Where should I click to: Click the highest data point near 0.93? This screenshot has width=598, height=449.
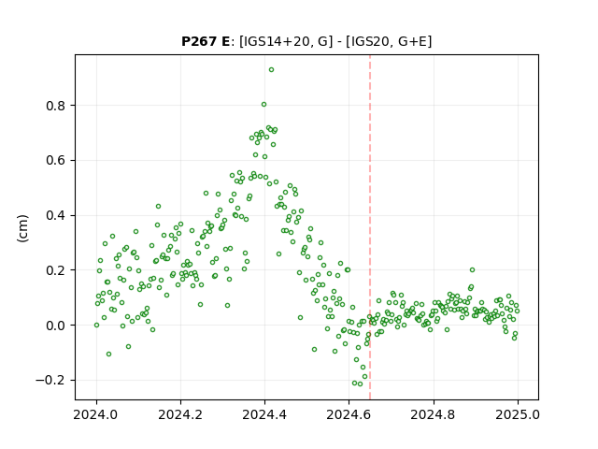coord(271,70)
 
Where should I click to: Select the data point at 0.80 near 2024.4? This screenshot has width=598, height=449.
coord(263,104)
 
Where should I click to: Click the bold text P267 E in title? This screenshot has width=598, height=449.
coord(206,41)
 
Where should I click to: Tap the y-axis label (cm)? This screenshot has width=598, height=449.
coord(22,228)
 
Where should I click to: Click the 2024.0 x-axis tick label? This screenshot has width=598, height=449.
coord(96,414)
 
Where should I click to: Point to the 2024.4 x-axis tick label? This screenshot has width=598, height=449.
coord(264,414)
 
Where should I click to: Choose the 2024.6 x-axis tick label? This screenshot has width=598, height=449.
coord(349,414)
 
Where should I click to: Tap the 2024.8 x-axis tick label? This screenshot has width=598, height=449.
coord(434,414)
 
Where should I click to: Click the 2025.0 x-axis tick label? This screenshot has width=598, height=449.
coord(518,414)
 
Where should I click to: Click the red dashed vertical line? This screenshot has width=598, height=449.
coord(370,227)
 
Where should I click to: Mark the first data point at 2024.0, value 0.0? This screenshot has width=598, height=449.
coord(96,326)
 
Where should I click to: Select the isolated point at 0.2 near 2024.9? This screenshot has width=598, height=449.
coord(472,270)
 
